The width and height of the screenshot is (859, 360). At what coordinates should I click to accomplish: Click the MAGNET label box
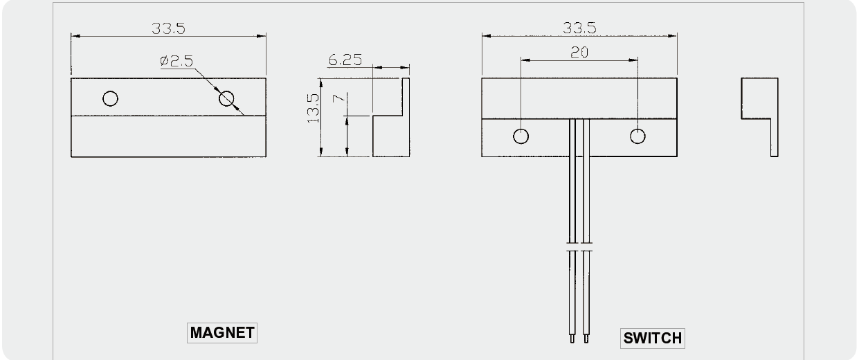(x=222, y=333)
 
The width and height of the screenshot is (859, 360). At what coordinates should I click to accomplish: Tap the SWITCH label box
(x=652, y=338)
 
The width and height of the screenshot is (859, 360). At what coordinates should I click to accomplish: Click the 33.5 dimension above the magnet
(x=168, y=28)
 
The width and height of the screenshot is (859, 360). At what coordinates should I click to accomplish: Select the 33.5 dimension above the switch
(x=579, y=28)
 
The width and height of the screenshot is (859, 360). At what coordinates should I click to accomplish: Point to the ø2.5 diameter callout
(x=177, y=61)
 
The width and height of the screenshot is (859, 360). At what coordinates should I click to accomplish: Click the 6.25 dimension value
(x=345, y=60)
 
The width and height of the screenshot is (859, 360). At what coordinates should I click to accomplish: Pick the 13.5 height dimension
(x=313, y=109)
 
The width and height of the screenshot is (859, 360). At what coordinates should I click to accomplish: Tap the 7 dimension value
(x=339, y=98)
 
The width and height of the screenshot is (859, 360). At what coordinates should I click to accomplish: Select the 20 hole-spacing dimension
(x=579, y=53)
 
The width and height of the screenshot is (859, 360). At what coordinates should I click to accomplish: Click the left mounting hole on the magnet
(x=111, y=98)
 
